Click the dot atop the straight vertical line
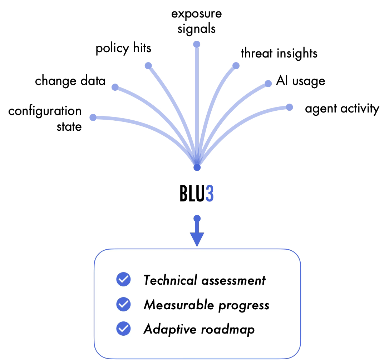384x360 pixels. coord(197,44)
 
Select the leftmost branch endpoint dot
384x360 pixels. coord(93,117)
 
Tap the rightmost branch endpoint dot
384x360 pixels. coord(290,107)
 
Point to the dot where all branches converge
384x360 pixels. coord(197,167)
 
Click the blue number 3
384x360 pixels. coord(210,194)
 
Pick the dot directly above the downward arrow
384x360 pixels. coord(197,218)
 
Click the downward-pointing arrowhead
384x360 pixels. coord(197,239)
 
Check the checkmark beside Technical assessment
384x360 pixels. coord(123,279)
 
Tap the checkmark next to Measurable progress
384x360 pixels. coord(123,304)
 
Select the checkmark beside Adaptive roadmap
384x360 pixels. coord(123,329)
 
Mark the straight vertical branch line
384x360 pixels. coord(197,100)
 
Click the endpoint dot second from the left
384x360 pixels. coord(115,87)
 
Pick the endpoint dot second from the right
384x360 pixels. coord(268,84)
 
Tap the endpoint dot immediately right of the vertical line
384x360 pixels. coord(236,65)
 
